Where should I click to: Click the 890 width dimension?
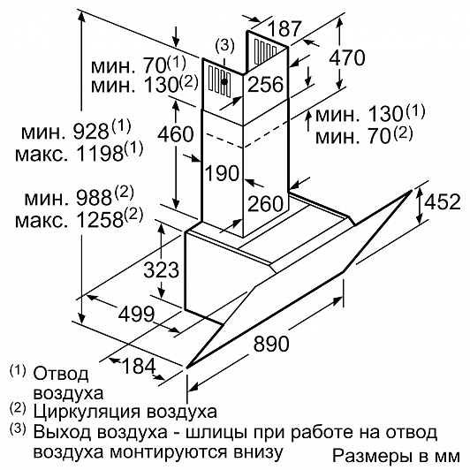pyautogui.click(x=271, y=344)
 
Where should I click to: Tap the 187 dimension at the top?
pyautogui.click(x=284, y=28)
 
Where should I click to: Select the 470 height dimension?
pyautogui.click(x=347, y=57)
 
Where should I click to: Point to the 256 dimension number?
pyautogui.click(x=266, y=84)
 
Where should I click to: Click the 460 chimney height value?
pyautogui.click(x=176, y=133)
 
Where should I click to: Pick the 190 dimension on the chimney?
pyautogui.click(x=223, y=173)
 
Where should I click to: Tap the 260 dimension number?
pyautogui.click(x=266, y=203)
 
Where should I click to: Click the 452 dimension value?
pyautogui.click(x=443, y=201)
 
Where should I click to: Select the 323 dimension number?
pyautogui.click(x=162, y=269)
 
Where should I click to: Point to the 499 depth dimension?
pyautogui.click(x=137, y=314)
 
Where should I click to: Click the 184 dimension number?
pyautogui.click(x=140, y=366)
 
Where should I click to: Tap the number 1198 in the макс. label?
pyautogui.click(x=100, y=154)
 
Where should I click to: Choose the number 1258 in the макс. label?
pyautogui.click(x=100, y=220)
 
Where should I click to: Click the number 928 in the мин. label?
pyautogui.click(x=91, y=132)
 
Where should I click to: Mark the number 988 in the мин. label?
pyautogui.click(x=94, y=198)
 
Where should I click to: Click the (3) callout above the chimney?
pyautogui.click(x=224, y=46)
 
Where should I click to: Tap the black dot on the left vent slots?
pyautogui.click(x=224, y=81)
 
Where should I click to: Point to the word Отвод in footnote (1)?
pyautogui.click(x=61, y=374)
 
